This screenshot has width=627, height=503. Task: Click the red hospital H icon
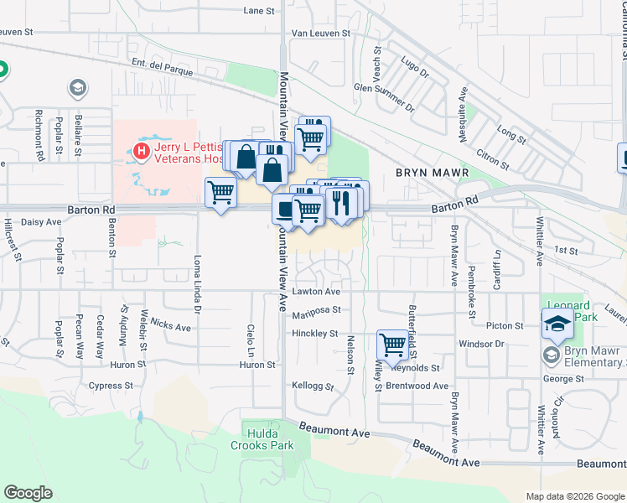tap(141, 152)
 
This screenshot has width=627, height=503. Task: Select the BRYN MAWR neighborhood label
tap(431, 174)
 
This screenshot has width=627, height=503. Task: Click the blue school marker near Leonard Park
tap(557, 323)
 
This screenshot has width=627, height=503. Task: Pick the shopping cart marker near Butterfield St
tap(391, 343)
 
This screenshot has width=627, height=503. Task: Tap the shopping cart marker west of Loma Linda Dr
tap(220, 192)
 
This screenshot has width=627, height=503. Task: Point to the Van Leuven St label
tap(319, 33)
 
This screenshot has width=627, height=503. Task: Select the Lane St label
tap(259, 11)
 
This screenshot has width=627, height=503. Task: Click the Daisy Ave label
tap(41, 222)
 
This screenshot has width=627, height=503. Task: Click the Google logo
tap(28, 493)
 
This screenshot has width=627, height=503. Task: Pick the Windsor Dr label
tap(481, 344)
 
